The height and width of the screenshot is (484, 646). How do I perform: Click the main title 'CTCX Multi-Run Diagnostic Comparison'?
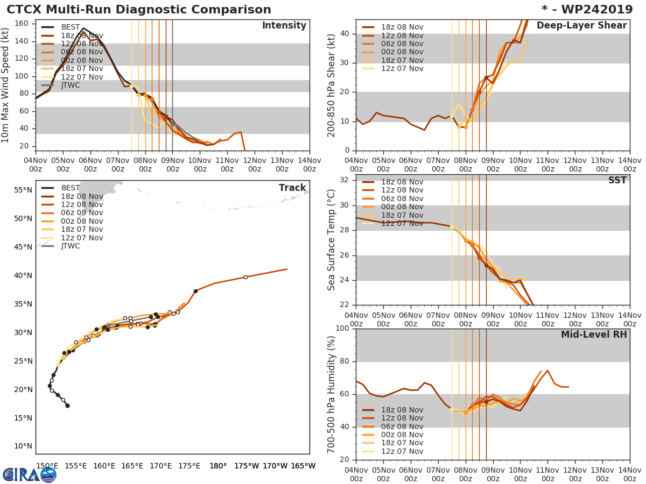139,10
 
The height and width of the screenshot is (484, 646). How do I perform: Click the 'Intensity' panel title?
284,26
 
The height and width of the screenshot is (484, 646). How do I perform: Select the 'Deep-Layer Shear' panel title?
581,26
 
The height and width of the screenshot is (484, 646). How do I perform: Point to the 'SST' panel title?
617,180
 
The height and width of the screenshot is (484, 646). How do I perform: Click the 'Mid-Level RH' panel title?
594,334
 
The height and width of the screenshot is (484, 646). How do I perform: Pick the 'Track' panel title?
292,188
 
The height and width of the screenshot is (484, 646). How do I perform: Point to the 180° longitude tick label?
217,466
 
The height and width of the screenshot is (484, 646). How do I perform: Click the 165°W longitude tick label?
303,466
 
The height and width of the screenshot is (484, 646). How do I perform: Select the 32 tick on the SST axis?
343,180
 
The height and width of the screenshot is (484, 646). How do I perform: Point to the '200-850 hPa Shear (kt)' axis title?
332,85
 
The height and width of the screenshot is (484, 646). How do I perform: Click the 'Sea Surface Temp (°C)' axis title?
332,240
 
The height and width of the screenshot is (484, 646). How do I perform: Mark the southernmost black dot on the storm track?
67,405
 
